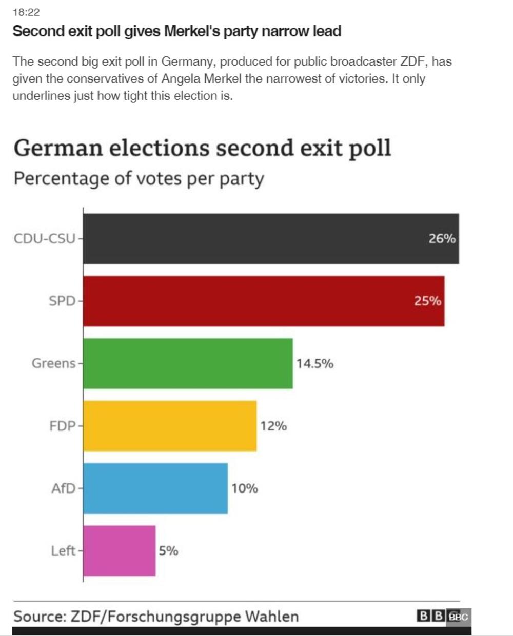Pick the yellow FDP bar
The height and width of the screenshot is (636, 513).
pos(170,426)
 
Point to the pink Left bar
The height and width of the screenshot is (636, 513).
pos(119,551)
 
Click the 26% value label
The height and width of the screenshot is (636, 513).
pos(442,239)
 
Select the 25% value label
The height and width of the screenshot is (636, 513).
pos(427,301)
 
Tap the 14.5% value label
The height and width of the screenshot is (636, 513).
pos(314,364)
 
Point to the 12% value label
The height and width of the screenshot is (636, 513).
pos(273,426)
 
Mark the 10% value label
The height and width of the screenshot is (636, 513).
pos(244,489)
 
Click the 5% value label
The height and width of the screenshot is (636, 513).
pos(168,551)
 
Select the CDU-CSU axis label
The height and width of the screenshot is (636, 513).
pos(45,239)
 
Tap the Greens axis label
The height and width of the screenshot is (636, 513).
pos(53,364)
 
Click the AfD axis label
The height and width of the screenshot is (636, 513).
pos(63,488)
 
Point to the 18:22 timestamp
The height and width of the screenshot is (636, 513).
pos(26,12)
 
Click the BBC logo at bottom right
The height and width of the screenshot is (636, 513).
pos(443,616)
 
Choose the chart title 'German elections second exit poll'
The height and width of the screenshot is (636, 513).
pos(202,148)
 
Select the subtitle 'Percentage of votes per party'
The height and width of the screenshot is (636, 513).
pos(139,179)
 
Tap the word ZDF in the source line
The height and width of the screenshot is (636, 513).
pos(87,616)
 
